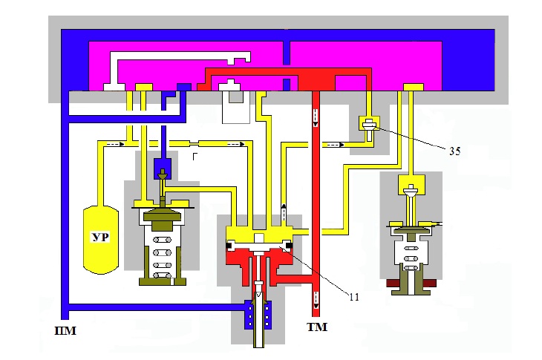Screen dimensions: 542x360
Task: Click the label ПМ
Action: [x=65, y=331]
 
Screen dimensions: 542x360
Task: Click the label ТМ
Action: [x=317, y=327]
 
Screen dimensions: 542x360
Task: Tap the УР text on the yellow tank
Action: [x=100, y=238]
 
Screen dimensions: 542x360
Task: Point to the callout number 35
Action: [x=455, y=151]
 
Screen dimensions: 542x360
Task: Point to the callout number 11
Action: [x=354, y=297]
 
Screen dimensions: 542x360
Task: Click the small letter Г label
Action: [x=195, y=157]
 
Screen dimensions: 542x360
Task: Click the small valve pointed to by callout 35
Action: [x=370, y=128]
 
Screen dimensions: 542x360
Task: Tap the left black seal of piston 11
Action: [x=229, y=246]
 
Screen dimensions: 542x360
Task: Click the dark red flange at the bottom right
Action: [x=411, y=284]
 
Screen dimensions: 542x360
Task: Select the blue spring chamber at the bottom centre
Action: [x=258, y=315]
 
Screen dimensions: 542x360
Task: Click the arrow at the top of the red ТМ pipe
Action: [x=316, y=118]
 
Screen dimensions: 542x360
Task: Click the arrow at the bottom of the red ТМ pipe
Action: [x=316, y=300]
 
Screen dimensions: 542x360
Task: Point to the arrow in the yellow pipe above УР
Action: [x=115, y=144]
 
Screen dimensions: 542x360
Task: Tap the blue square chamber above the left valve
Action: [x=163, y=169]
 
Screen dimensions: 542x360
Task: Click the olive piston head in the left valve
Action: [x=162, y=220]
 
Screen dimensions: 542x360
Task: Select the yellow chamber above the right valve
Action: [x=411, y=186]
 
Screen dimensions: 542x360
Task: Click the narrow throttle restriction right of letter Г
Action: [x=195, y=143]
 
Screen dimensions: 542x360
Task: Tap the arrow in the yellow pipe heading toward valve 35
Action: [x=335, y=145]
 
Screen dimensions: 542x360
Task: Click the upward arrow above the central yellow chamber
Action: [x=284, y=212]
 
